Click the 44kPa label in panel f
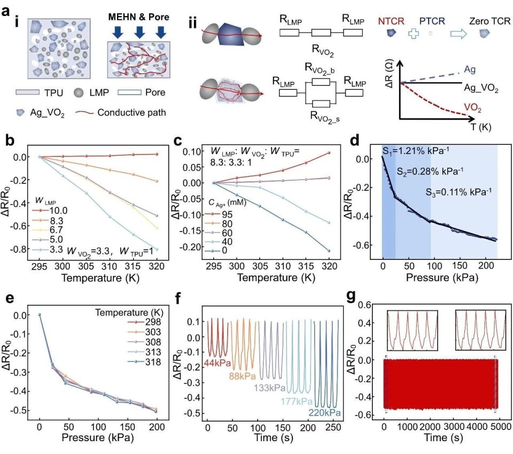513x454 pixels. [x=217, y=363]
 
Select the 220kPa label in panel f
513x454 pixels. [x=324, y=413]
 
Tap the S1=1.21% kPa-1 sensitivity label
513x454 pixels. [x=416, y=151]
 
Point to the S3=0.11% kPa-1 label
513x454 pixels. [x=458, y=192]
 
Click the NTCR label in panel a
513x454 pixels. [x=391, y=21]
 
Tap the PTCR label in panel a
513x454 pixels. [x=432, y=21]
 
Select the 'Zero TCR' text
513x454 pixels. [x=490, y=21]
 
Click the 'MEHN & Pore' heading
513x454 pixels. [x=139, y=17]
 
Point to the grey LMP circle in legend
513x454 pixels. [x=79, y=93]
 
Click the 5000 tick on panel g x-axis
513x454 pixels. [x=500, y=427]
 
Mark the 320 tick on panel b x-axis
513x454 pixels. [x=157, y=266]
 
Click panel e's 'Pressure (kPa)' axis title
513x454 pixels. [x=97, y=437]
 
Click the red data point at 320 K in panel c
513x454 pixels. [x=329, y=153]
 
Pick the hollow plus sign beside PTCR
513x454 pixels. [x=414, y=33]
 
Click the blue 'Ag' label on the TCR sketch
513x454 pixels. [x=470, y=70]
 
